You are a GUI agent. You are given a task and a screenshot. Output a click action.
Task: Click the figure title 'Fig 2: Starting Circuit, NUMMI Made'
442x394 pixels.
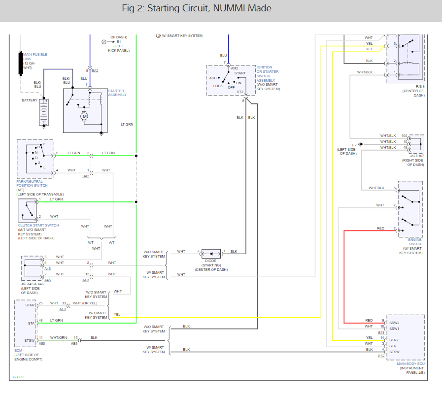click(197, 8)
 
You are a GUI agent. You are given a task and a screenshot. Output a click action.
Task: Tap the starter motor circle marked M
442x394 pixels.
click(84, 116)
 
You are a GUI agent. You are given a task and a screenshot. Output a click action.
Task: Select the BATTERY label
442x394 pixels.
click(30, 100)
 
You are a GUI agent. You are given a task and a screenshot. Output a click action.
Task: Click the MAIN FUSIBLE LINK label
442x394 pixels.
click(35, 57)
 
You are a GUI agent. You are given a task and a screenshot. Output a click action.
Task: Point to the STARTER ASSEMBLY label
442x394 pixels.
click(117, 93)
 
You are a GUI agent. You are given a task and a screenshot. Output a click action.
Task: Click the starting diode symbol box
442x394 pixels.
click(211, 254)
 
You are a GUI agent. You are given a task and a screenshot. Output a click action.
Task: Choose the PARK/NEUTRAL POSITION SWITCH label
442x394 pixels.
click(32, 184)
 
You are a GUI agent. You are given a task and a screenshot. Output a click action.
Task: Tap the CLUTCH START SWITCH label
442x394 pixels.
click(38, 226)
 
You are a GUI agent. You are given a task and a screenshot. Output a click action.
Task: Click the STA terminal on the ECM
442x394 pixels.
click(31, 323)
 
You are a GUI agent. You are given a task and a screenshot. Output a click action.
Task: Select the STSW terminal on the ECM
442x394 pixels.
click(30, 340)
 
